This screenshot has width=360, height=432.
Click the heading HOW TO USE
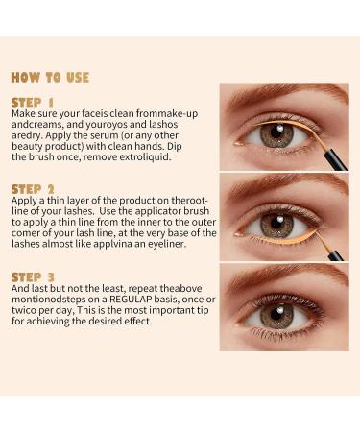pyautogui.click(x=50, y=77)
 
